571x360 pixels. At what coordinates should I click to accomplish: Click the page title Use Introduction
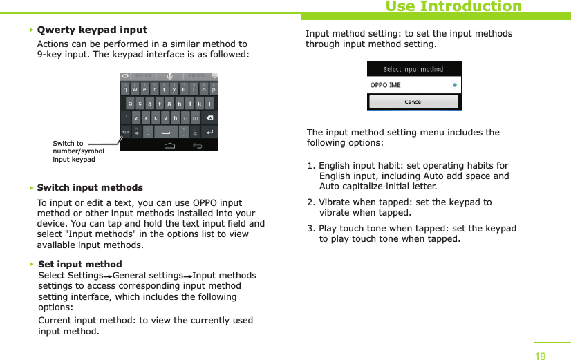click(453, 7)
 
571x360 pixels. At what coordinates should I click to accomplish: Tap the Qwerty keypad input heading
click(92, 30)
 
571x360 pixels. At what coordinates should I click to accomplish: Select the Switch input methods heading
click(90, 188)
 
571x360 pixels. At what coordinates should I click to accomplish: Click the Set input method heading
click(80, 264)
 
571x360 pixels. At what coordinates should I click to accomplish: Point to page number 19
click(540, 356)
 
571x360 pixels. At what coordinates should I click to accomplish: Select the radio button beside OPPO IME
click(454, 85)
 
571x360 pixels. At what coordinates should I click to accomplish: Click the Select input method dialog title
click(413, 70)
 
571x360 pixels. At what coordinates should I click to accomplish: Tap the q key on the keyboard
click(125, 89)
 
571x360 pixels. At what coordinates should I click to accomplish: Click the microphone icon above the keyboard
click(169, 76)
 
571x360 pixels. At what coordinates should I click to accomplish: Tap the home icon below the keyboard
click(169, 146)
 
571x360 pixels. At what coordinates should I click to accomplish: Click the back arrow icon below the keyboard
click(198, 146)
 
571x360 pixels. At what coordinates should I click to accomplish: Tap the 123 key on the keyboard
click(125, 132)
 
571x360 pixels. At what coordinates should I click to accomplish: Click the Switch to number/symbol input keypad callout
click(78, 151)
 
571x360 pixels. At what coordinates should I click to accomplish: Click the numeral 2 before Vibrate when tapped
click(310, 202)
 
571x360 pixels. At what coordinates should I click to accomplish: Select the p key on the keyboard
click(214, 89)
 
